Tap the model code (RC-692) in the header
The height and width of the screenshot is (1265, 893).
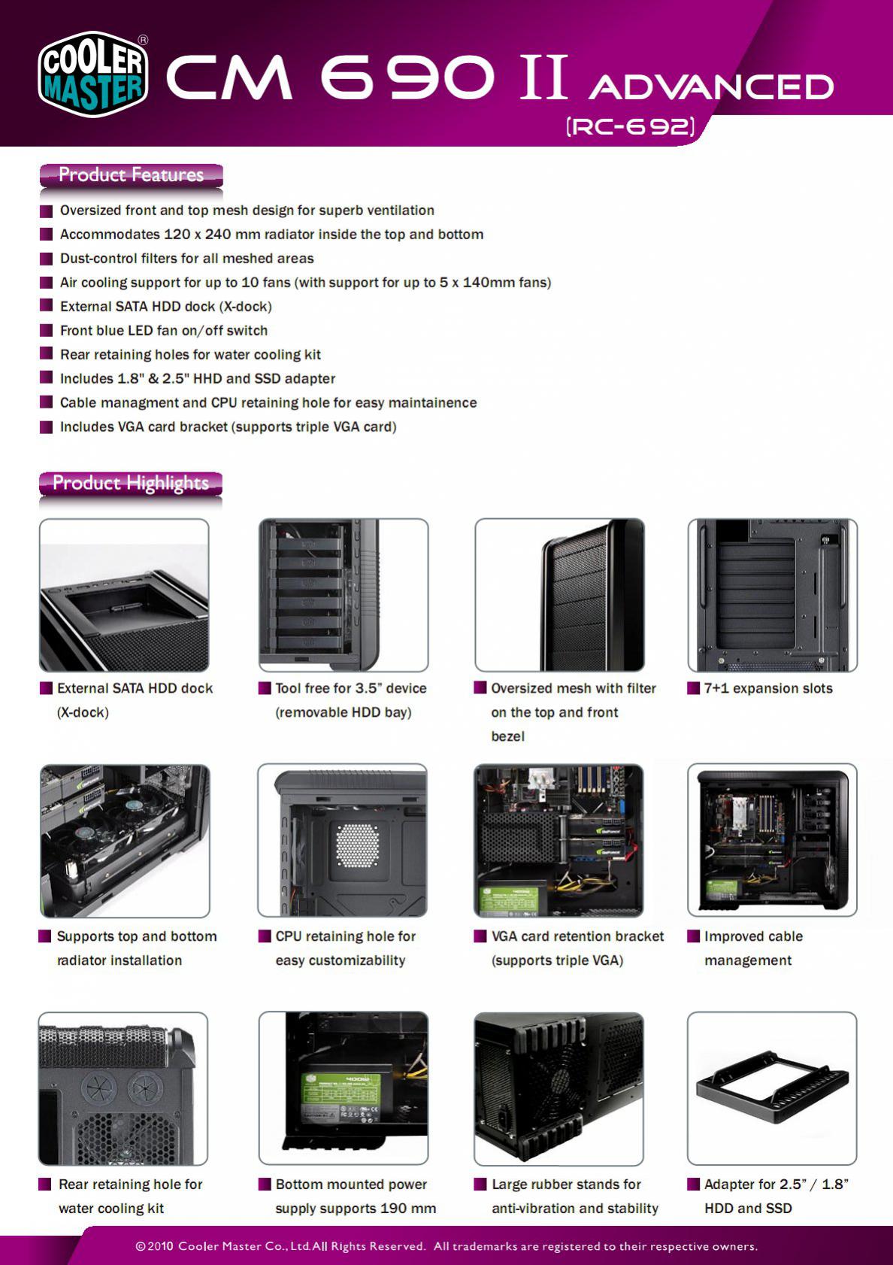pyautogui.click(x=630, y=126)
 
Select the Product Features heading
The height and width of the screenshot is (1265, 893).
pyautogui.click(x=131, y=175)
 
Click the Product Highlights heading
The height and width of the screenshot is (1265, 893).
pyautogui.click(x=131, y=483)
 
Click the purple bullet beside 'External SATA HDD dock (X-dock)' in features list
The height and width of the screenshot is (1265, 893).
pyautogui.click(x=46, y=307)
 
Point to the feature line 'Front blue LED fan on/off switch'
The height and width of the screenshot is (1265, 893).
pyautogui.click(x=164, y=331)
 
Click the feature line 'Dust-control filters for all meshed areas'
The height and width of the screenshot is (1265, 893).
pyautogui.click(x=186, y=259)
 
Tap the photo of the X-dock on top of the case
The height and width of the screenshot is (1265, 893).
pyautogui.click(x=124, y=595)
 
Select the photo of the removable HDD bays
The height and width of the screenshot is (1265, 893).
pyautogui.click(x=343, y=595)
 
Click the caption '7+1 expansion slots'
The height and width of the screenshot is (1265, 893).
pyautogui.click(x=768, y=689)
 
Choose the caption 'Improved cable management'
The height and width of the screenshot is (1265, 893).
pyautogui.click(x=753, y=948)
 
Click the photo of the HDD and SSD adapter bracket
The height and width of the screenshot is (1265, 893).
pyautogui.click(x=772, y=1088)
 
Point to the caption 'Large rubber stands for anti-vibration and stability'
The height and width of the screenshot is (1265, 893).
pyautogui.click(x=574, y=1197)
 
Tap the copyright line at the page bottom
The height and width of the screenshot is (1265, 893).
pyautogui.click(x=446, y=1246)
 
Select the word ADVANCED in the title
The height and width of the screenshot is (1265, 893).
pyautogui.click(x=711, y=86)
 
